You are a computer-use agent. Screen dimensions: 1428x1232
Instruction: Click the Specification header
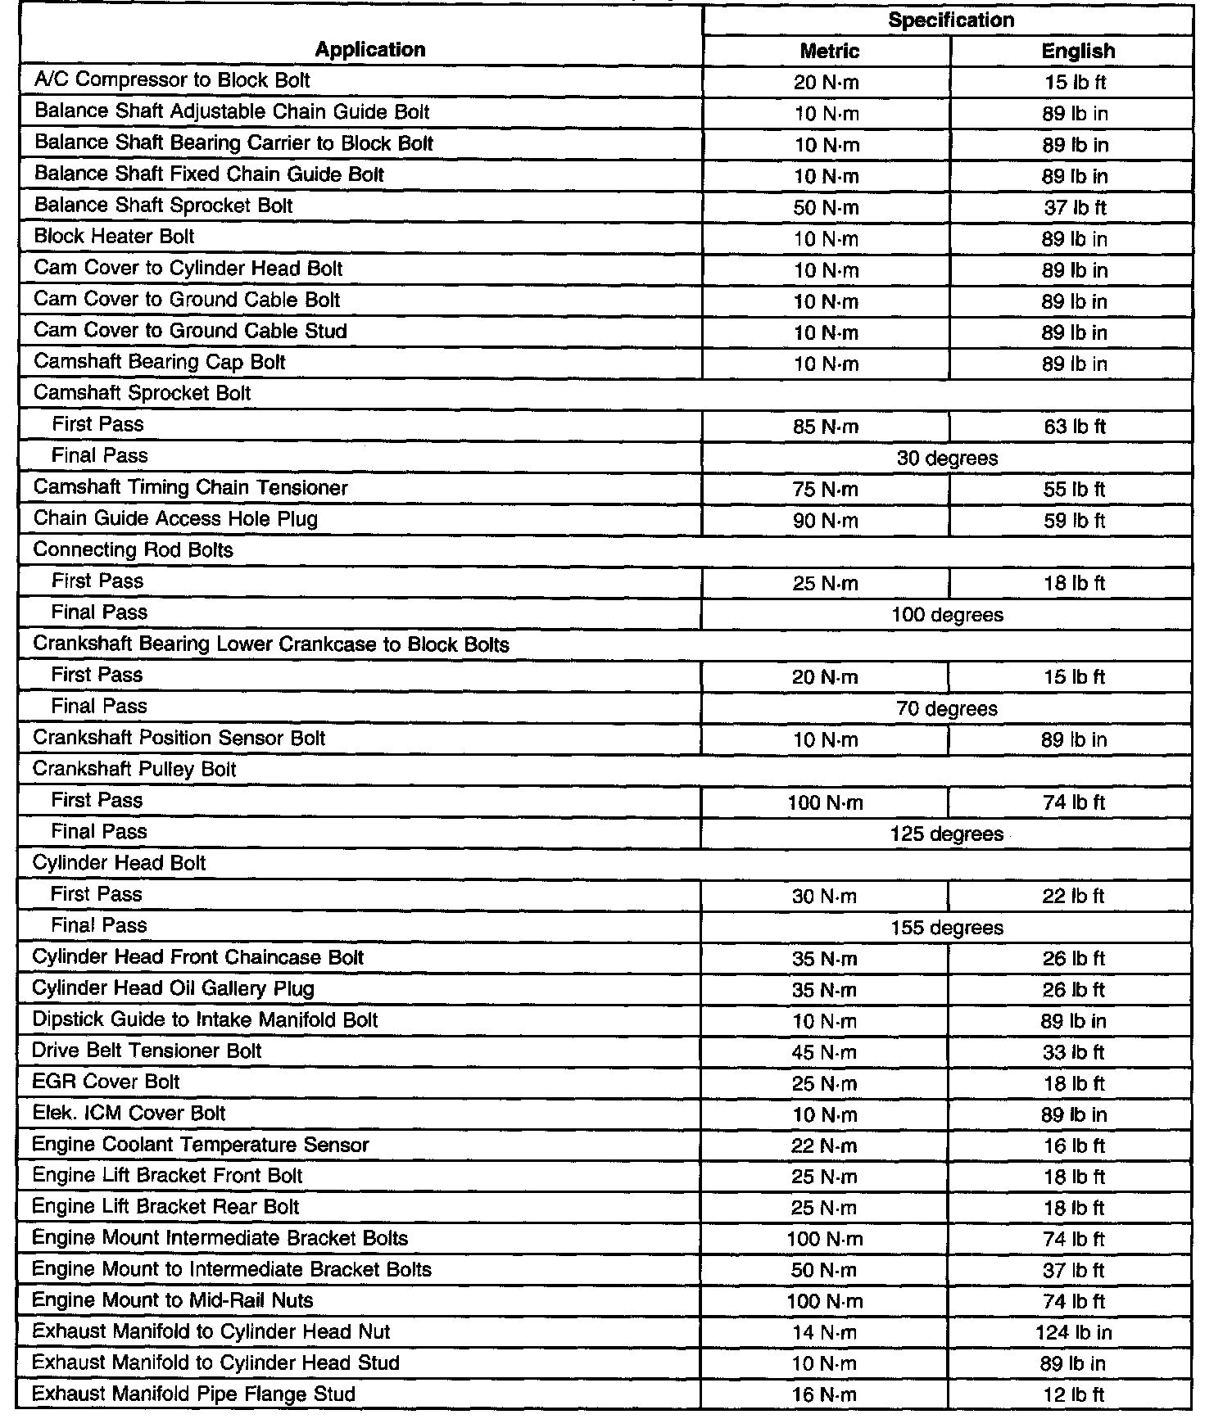pyautogui.click(x=950, y=20)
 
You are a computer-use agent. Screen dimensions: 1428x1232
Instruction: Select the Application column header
pyautogui.click(x=369, y=50)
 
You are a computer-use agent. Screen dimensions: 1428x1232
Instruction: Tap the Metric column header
pyautogui.click(x=829, y=51)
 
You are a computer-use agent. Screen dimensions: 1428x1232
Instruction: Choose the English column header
pyautogui.click(x=1077, y=51)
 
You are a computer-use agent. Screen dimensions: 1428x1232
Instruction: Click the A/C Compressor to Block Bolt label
pyautogui.click(x=172, y=80)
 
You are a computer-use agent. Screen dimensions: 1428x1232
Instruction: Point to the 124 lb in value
pyautogui.click(x=1073, y=1332)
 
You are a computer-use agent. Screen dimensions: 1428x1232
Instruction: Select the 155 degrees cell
pyautogui.click(x=946, y=928)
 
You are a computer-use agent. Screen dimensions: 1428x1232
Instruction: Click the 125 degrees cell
pyautogui.click(x=946, y=834)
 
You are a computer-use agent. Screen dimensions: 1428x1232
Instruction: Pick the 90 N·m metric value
pyautogui.click(x=826, y=520)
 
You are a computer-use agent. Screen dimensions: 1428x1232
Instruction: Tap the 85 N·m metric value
pyautogui.click(x=826, y=427)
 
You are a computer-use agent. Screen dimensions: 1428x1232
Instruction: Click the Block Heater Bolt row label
pyautogui.click(x=114, y=237)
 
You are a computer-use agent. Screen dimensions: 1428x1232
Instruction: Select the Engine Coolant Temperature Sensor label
pyautogui.click(x=200, y=1145)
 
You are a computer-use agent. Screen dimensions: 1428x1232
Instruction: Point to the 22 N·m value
pyautogui.click(x=824, y=1146)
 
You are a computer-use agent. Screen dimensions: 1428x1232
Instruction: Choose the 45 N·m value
pyautogui.click(x=824, y=1052)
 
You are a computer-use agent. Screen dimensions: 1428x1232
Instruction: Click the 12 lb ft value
pyautogui.click(x=1073, y=1395)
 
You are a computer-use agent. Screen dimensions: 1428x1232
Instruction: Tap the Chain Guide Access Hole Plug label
pyautogui.click(x=175, y=519)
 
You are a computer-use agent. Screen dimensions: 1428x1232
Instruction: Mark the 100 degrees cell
pyautogui.click(x=947, y=615)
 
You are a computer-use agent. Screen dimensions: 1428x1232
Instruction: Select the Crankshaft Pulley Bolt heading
pyautogui.click(x=134, y=770)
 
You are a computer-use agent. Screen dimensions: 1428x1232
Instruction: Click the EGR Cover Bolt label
pyautogui.click(x=106, y=1082)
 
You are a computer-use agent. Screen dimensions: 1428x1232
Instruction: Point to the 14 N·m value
pyautogui.click(x=824, y=1333)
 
